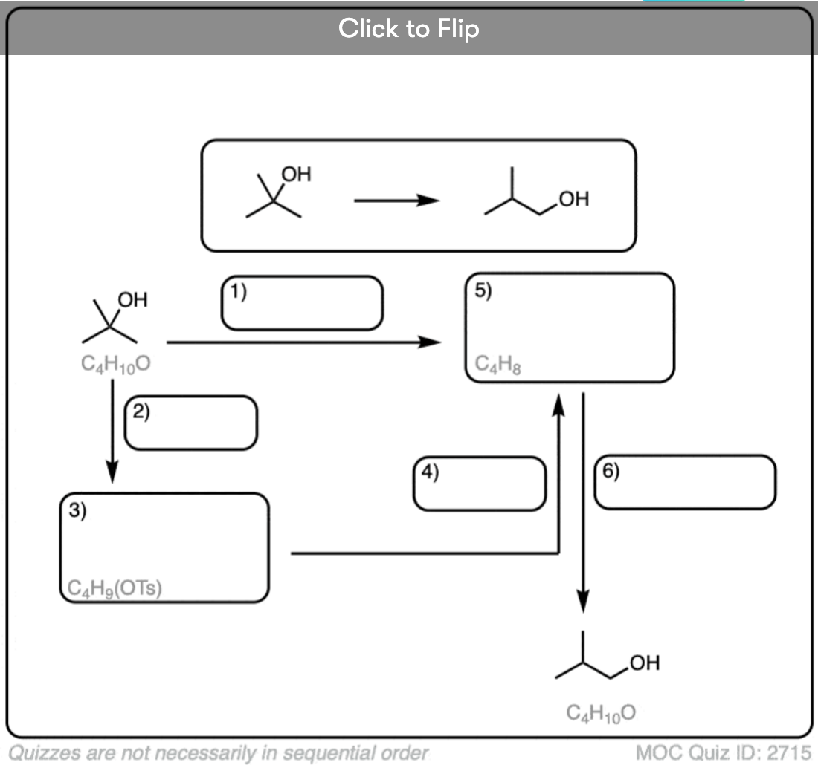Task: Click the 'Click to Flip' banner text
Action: [x=408, y=29]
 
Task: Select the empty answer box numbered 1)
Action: [x=302, y=303]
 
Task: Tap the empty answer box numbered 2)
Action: [x=191, y=423]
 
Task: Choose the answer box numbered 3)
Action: [x=164, y=547]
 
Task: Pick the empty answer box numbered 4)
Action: [x=480, y=484]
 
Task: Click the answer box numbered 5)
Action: [x=570, y=327]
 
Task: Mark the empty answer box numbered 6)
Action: [x=685, y=482]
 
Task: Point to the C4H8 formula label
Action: [x=492, y=365]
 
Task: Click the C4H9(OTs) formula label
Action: [x=115, y=588]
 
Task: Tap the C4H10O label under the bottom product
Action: [x=601, y=713]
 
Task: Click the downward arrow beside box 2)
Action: [x=112, y=431]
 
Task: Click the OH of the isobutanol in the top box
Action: [x=574, y=199]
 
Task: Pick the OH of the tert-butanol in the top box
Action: [x=296, y=175]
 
